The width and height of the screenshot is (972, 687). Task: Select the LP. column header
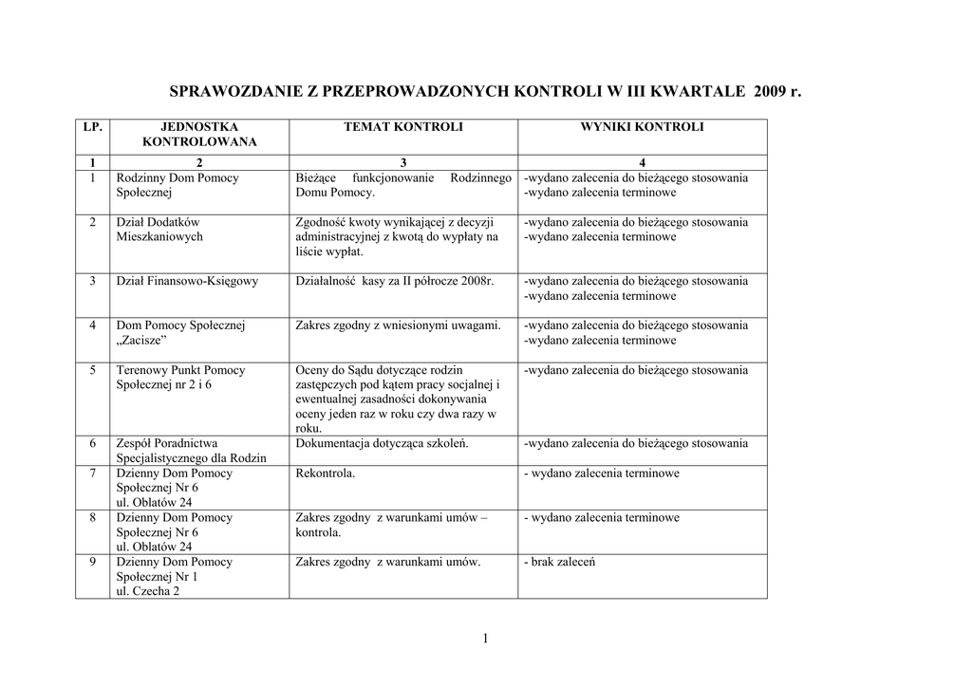click(92, 126)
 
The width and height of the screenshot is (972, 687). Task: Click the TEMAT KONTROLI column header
click(403, 126)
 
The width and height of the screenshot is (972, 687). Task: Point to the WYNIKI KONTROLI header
click(642, 126)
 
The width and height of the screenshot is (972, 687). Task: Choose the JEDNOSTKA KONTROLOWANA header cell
click(199, 134)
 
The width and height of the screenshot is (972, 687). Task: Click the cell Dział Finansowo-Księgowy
click(187, 281)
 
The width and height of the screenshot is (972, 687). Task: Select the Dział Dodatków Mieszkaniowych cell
click(159, 230)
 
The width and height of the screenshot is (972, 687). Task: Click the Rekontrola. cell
click(326, 473)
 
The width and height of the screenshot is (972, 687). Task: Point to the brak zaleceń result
click(559, 562)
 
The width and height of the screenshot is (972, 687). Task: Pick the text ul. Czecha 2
click(147, 590)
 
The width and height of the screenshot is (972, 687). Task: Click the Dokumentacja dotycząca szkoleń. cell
click(383, 443)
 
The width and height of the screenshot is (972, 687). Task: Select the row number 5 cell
click(93, 370)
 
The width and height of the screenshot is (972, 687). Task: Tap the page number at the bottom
click(485, 639)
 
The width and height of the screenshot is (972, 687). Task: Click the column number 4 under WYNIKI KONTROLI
click(642, 162)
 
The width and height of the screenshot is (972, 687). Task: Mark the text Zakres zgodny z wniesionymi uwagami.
click(399, 325)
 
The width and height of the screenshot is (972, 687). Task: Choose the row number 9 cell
click(93, 562)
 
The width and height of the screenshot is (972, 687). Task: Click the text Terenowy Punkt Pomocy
click(180, 370)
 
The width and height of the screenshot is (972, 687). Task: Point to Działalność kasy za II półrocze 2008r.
click(395, 281)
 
